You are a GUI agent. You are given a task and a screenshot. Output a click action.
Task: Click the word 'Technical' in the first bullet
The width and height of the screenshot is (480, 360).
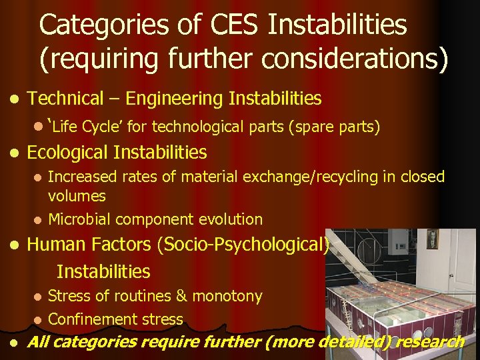tap(65, 99)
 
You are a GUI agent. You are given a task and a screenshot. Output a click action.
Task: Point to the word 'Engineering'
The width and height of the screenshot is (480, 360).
tap(174, 99)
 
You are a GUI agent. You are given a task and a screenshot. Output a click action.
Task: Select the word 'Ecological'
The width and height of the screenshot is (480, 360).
tap(67, 153)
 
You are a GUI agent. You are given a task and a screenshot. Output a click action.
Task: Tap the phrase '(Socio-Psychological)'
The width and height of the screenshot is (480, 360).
tap(243, 245)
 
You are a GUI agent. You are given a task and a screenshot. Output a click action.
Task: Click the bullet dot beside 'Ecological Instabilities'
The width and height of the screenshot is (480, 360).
tap(15, 153)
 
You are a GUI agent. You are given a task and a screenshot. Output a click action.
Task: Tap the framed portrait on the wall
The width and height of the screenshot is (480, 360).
tap(432, 238)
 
